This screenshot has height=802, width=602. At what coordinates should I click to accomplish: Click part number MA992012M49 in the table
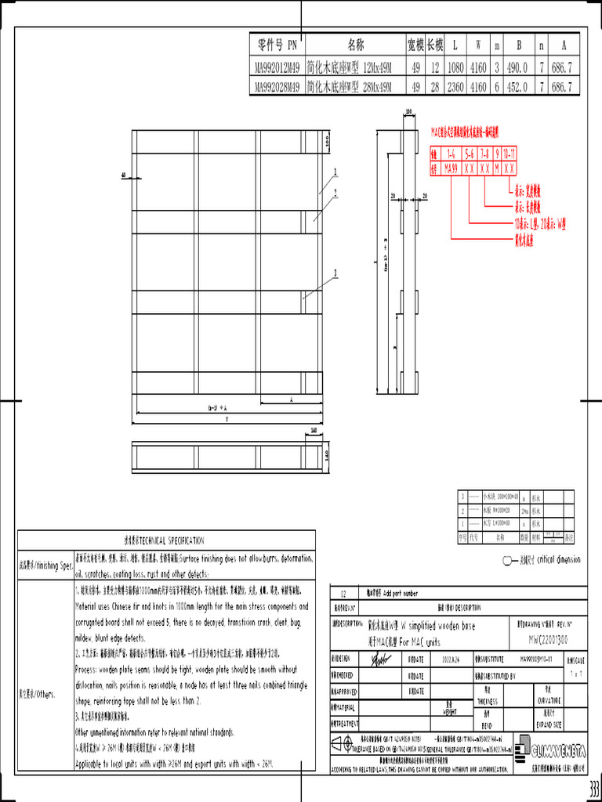277,68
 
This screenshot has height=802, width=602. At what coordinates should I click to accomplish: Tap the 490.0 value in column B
516,68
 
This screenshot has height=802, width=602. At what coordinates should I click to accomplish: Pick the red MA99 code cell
450,168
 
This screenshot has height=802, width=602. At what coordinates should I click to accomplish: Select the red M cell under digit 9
497,168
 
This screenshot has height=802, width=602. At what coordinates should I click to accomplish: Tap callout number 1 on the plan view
335,171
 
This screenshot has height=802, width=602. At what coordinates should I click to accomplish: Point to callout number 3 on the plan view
335,273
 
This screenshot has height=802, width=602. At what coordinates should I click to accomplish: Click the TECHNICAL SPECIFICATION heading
165,540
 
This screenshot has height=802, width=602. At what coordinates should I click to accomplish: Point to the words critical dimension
559,559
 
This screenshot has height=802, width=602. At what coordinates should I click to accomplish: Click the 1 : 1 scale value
576,673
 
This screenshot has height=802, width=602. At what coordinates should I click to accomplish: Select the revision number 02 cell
341,594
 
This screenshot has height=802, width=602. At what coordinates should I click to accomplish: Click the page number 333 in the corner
593,788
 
